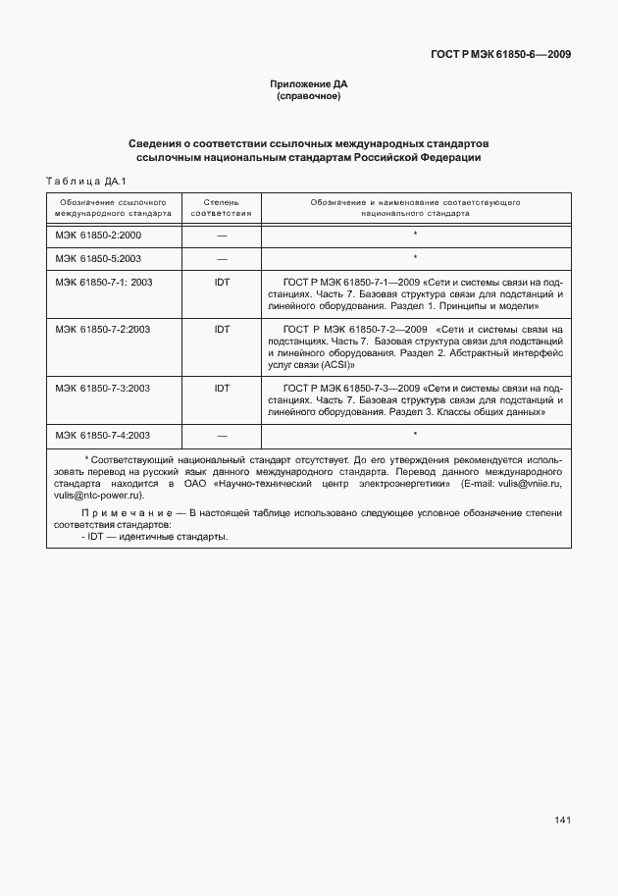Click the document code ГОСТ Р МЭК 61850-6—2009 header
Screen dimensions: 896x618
pyautogui.click(x=500, y=54)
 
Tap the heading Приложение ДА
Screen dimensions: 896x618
pyautogui.click(x=309, y=84)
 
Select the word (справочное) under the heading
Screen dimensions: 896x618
pyautogui.click(x=309, y=96)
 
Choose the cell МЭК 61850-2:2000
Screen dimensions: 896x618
pyautogui.click(x=98, y=236)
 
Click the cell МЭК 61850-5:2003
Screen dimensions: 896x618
pyautogui.click(x=98, y=258)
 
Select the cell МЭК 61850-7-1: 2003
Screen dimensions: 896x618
pyautogui.click(x=104, y=282)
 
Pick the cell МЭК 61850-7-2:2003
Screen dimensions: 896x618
pyautogui.click(x=102, y=330)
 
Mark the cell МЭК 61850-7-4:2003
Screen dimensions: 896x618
pyautogui.click(x=102, y=435)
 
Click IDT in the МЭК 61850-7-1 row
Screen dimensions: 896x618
pyautogui.click(x=222, y=282)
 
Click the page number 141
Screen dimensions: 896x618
pyautogui.click(x=562, y=819)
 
